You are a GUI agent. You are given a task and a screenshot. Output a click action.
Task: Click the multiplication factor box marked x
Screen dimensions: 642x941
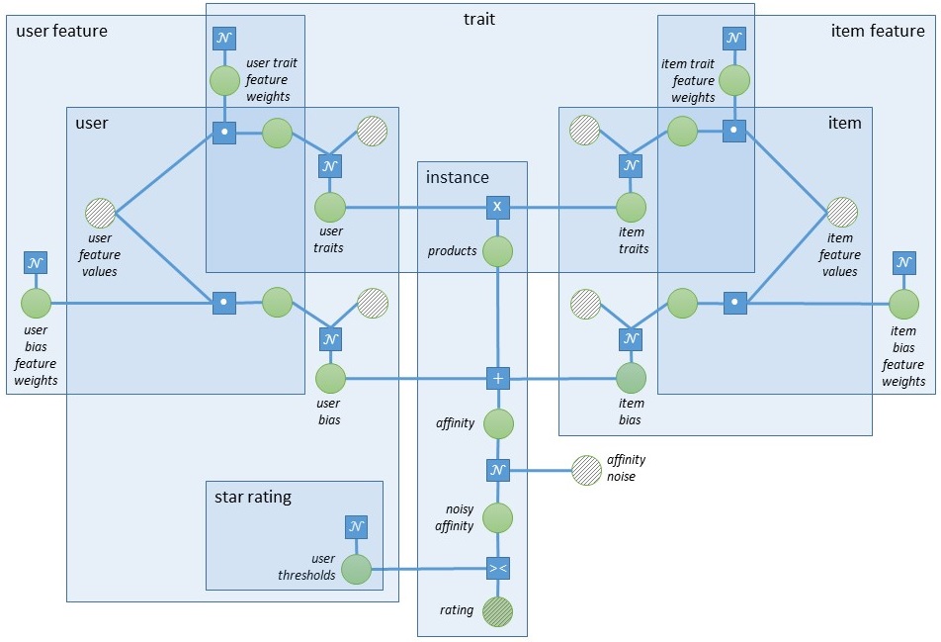pos(498,208)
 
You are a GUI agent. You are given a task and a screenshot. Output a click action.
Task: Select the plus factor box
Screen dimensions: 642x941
pos(498,378)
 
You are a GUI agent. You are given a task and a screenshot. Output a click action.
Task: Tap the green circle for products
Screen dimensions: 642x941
pos(498,251)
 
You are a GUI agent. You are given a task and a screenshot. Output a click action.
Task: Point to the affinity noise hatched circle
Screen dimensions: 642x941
pos(587,470)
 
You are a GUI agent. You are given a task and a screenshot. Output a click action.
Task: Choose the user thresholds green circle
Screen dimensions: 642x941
pos(356,569)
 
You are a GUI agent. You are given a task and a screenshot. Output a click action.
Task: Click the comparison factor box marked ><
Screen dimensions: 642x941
pos(498,569)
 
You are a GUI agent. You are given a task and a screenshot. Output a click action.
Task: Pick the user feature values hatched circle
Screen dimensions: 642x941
pos(101,213)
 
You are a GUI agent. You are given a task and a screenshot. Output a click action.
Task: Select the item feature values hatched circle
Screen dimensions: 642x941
pos(841,213)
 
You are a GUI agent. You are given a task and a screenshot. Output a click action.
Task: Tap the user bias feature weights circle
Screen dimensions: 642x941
pos(36,303)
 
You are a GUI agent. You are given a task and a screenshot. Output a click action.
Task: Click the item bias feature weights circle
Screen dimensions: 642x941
pos(903,303)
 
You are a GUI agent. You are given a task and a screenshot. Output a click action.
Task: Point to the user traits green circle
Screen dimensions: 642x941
pos(330,208)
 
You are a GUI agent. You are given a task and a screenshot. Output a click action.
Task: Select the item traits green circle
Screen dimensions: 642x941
pos(631,208)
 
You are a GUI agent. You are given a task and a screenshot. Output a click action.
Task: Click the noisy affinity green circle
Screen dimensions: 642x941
pos(498,517)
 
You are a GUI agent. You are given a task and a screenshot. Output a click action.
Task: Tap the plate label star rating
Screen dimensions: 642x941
pos(253,497)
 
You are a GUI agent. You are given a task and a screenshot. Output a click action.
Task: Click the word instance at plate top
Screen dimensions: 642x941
pos(457,177)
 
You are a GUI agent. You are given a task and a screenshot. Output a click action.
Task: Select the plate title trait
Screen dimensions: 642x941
pos(479,18)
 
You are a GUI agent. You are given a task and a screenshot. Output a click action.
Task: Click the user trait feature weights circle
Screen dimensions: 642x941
pos(224,80)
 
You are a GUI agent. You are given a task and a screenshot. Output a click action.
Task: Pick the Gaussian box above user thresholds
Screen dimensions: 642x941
pos(356,526)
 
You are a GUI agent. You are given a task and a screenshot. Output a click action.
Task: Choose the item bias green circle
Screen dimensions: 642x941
pos(631,378)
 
